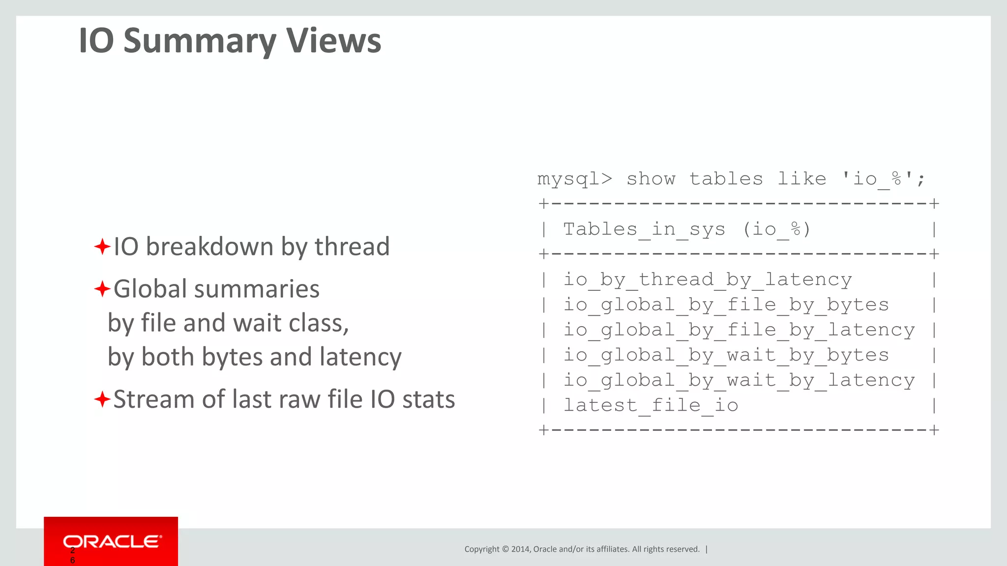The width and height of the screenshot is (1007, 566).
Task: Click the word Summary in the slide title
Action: click(x=199, y=41)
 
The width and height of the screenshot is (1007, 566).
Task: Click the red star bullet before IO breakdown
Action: click(x=102, y=246)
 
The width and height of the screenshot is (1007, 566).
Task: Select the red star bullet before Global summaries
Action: click(x=102, y=288)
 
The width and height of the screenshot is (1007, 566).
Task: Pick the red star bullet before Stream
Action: click(x=102, y=399)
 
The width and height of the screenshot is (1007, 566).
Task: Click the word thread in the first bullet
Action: click(x=352, y=246)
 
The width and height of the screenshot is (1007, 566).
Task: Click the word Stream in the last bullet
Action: click(x=153, y=399)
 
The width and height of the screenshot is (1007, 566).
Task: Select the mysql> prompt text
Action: click(x=575, y=179)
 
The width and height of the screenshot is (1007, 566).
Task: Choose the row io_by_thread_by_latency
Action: click(x=707, y=280)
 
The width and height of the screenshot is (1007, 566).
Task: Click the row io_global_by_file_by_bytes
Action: click(x=726, y=305)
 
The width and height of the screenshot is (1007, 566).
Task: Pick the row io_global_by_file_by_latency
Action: click(x=739, y=330)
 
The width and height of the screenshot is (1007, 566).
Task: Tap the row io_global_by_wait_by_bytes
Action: click(x=726, y=355)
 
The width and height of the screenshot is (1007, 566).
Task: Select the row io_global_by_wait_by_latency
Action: click(x=739, y=380)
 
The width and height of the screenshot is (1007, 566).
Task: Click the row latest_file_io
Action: click(x=651, y=405)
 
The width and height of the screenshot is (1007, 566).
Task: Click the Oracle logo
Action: click(x=112, y=541)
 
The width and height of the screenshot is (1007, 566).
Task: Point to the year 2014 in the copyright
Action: click(x=520, y=549)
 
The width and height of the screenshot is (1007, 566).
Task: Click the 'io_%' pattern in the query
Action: click(x=878, y=179)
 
